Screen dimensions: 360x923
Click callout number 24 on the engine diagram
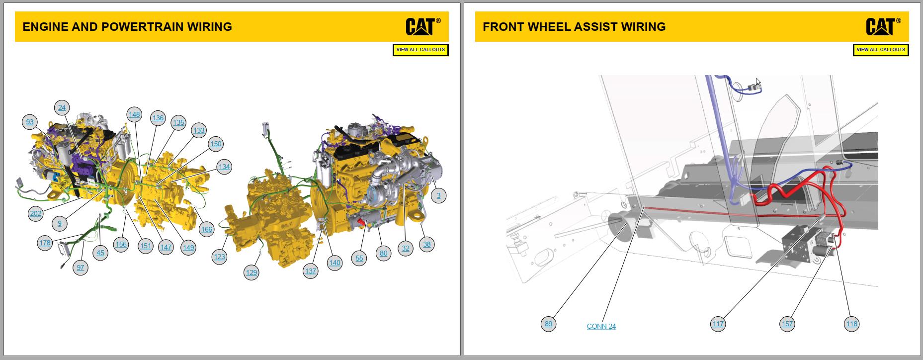[62, 107]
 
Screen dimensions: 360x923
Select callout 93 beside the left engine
[30, 122]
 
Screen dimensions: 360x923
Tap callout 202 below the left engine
[36, 214]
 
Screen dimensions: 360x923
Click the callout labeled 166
[206, 229]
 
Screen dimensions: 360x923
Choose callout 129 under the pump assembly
[252, 272]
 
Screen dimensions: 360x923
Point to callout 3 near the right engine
[438, 195]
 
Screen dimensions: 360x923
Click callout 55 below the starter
[359, 258]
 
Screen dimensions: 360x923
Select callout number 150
[216, 144]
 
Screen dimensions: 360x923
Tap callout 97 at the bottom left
[81, 268]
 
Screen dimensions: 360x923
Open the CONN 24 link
[601, 326]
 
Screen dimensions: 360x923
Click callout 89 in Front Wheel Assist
[548, 324]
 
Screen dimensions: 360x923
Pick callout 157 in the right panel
[787, 324]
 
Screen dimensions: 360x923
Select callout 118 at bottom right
[852, 324]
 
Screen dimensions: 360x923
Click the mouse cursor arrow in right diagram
[758, 83]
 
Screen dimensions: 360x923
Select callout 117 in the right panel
[718, 324]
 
